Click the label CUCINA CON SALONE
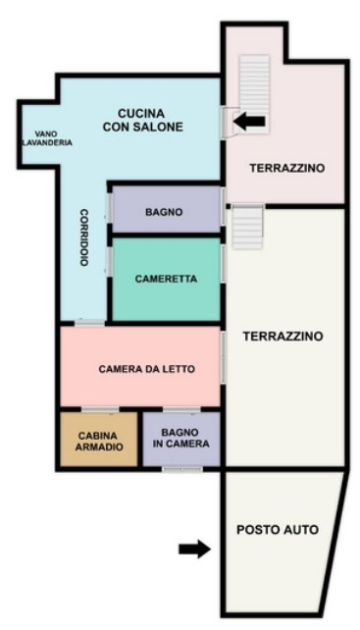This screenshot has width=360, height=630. coord(142,120)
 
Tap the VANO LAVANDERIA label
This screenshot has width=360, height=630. coord(47,138)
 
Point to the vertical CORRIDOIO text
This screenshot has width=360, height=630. coord(83,237)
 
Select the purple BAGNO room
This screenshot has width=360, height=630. coord(167,209)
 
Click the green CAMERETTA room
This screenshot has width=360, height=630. coord(167,280)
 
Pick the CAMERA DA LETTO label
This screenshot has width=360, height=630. coord(147,369)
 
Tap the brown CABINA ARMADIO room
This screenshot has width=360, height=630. coord(98,439)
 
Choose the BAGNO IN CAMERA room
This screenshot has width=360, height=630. coord(181,439)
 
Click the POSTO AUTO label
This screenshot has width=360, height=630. coord(278,530)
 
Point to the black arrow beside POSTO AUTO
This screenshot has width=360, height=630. coord(195,549)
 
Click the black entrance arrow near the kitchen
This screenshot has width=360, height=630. coord(249,121)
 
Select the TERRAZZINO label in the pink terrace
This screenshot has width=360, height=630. coord(286,168)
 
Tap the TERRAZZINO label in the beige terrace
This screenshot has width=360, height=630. coord(283,336)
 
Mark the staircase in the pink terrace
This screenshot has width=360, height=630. coord(254,94)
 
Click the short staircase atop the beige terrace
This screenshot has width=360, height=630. coord(247,227)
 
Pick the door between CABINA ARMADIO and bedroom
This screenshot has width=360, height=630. coord(100,409)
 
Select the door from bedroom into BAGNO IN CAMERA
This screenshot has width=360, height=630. coord(181,409)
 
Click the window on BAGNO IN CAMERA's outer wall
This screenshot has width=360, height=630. coord(182,469)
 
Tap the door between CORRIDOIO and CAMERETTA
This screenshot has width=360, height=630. coord(109,262)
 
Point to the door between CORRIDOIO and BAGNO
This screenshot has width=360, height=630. coord(109,208)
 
